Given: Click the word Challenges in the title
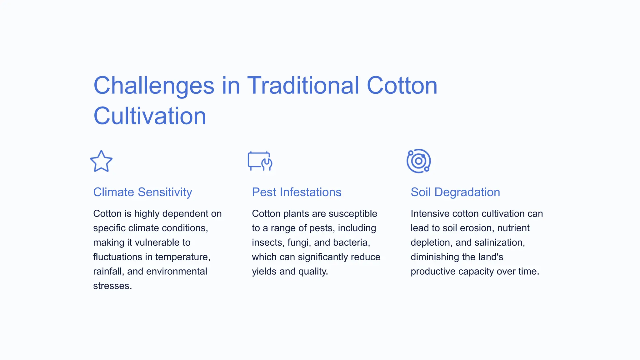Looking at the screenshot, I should (x=154, y=86).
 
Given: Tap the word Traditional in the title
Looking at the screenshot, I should (x=303, y=86).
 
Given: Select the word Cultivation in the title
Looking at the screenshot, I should (x=150, y=116).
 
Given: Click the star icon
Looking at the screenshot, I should (x=101, y=161).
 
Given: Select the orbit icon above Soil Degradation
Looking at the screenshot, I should (x=419, y=161).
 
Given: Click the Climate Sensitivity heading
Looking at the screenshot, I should (x=142, y=192).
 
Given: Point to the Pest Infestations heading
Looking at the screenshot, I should (x=297, y=192).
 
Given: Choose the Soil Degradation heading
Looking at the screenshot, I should (x=455, y=192).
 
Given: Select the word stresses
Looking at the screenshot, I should (x=112, y=286).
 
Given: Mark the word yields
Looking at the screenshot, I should (x=264, y=271).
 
